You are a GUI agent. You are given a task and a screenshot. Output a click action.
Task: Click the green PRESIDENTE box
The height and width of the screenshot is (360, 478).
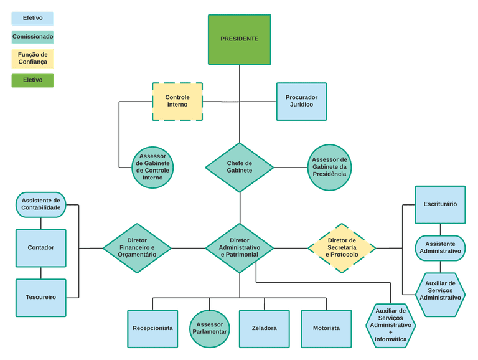[239, 39]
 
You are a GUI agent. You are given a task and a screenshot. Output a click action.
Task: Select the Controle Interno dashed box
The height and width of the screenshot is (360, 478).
[177, 101]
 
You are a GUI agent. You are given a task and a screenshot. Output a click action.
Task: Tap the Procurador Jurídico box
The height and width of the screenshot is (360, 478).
[301, 101]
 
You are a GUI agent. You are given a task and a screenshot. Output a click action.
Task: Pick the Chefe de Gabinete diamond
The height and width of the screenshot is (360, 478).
[240, 167]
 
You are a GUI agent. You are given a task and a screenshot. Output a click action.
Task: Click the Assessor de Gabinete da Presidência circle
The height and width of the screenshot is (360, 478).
[329, 167]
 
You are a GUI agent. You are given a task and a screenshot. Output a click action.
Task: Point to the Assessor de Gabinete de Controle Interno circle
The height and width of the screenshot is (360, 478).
[152, 167]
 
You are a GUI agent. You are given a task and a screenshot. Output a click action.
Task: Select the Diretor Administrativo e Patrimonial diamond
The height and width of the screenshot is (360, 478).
[240, 248]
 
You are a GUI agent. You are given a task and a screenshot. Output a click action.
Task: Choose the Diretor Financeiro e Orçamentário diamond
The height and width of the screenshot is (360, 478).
[137, 248]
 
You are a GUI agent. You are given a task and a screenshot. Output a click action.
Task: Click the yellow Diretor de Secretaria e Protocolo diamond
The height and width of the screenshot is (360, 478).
[342, 248]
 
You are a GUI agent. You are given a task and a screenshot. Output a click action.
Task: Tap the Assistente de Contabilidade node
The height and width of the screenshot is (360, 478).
[41, 204]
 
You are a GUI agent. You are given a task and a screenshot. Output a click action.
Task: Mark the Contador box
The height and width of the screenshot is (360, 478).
[41, 247]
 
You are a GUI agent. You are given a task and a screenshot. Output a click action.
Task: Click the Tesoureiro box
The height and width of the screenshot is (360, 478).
[41, 297]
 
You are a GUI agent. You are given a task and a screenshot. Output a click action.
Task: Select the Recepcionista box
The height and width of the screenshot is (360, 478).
[152, 328]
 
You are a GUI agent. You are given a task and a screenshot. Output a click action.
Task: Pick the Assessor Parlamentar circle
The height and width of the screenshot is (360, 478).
[210, 328]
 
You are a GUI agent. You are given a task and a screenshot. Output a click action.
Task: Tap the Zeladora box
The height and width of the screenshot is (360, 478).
[265, 328]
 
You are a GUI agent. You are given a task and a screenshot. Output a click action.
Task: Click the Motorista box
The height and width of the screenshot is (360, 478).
[326, 328]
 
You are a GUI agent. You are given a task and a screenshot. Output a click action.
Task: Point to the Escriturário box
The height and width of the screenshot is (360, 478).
[440, 204]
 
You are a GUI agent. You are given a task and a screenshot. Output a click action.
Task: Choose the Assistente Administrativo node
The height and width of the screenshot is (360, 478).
[440, 248]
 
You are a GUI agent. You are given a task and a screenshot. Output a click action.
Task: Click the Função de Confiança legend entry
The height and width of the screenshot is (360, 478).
[33, 59]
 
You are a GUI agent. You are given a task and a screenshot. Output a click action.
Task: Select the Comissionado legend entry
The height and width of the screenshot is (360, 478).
[33, 37]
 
